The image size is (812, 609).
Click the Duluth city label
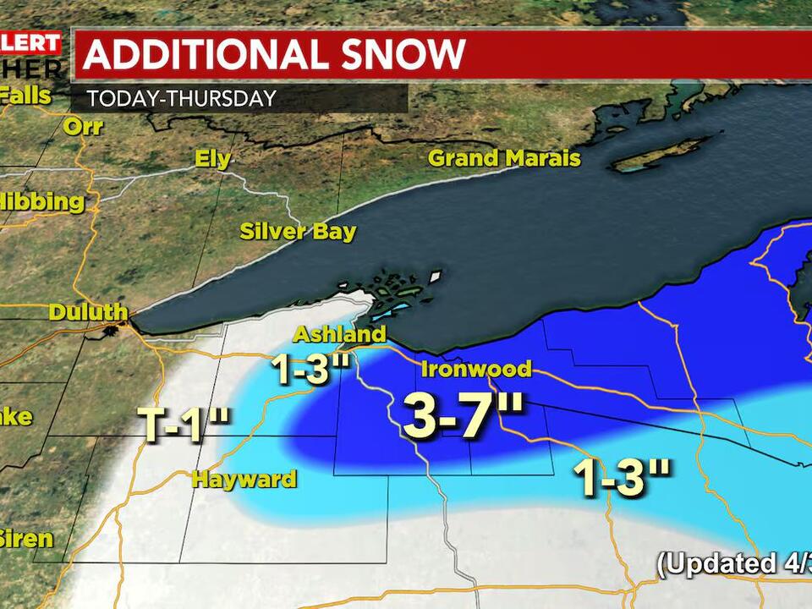[87, 311]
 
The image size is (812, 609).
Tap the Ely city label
[212, 159]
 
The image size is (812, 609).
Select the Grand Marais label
[504, 158]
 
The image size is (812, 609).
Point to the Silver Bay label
[298, 232]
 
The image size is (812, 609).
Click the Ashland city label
[339, 334]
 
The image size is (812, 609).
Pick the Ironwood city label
[476, 369]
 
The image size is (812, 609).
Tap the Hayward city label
[244, 480]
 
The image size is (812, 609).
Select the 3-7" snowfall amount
[463, 416]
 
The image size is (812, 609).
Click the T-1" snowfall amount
[183, 425]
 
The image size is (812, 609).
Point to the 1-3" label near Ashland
[310, 370]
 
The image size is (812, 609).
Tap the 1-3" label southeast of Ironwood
[623, 479]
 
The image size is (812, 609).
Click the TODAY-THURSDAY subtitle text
[181, 98]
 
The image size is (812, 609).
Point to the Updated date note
[734, 564]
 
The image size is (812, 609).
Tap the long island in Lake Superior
[659, 156]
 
